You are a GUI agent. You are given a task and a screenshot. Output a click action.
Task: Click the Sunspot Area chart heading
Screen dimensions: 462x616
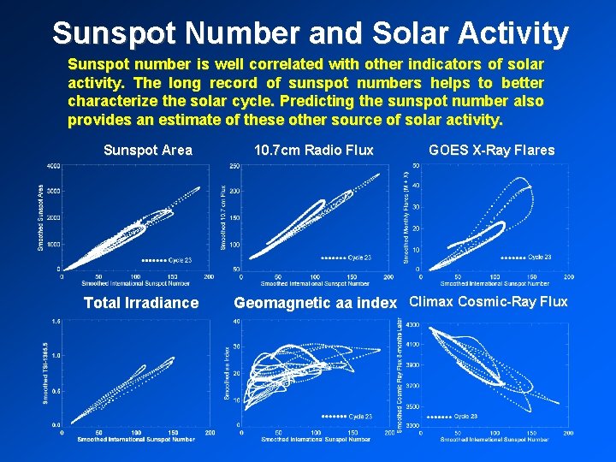click(148, 151)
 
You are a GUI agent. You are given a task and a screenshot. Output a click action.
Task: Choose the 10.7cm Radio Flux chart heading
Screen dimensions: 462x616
click(314, 151)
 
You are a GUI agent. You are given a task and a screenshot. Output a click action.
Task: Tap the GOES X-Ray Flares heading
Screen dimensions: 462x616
click(491, 151)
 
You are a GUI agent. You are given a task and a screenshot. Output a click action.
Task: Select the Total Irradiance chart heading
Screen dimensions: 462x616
click(141, 303)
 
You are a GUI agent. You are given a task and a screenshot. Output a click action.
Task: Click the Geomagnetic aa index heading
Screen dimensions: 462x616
click(316, 303)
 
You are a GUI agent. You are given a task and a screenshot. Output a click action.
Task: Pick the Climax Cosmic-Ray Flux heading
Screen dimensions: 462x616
click(489, 301)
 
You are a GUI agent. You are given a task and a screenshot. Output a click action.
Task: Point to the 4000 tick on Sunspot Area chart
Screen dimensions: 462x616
click(53, 165)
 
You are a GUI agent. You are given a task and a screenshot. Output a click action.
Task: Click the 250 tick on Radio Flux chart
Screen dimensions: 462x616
click(234, 165)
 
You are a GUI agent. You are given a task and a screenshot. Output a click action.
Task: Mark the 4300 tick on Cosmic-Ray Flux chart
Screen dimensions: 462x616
click(412, 325)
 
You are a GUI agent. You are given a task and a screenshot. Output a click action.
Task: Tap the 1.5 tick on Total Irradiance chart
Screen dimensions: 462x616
click(55, 321)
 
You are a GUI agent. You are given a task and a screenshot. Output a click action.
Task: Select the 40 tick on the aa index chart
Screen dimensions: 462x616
click(235, 321)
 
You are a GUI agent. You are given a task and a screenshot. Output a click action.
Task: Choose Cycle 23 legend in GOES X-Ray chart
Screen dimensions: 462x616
click(540, 257)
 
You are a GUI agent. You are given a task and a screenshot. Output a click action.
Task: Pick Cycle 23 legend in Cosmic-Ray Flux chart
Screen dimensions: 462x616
click(465, 417)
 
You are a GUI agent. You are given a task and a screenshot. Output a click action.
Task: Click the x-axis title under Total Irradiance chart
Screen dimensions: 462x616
click(136, 439)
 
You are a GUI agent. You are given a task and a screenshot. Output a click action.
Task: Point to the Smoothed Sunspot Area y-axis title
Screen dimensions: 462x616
click(42, 217)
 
